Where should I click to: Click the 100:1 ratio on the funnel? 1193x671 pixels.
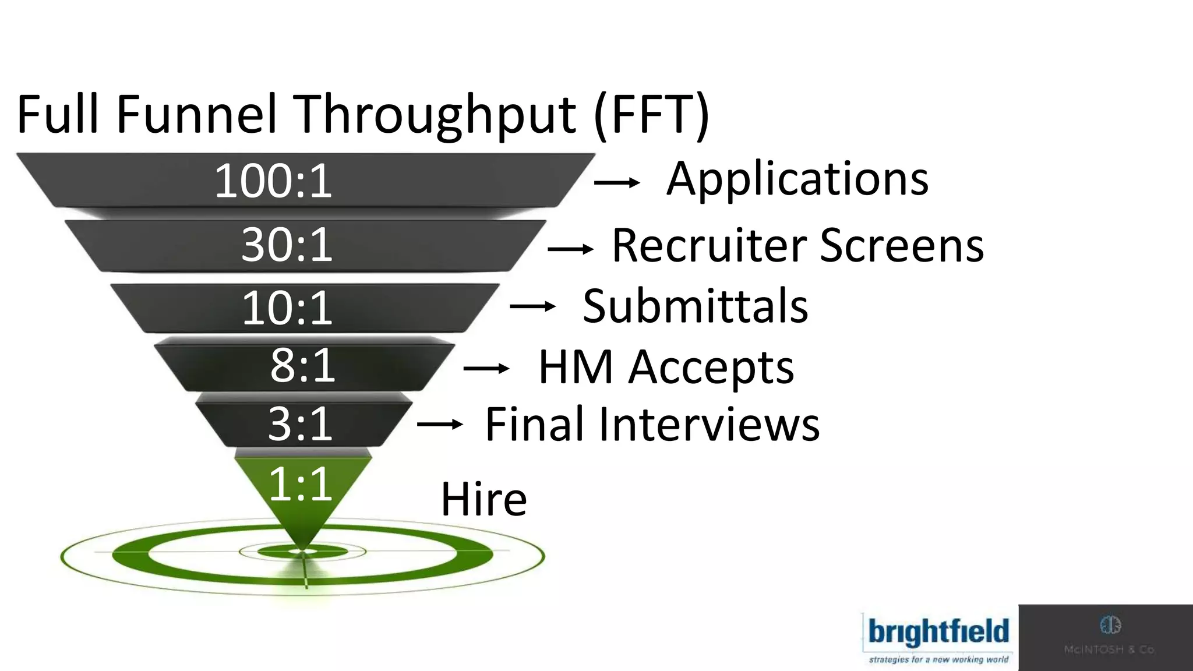(x=273, y=182)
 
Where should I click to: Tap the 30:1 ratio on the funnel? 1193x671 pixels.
(x=287, y=245)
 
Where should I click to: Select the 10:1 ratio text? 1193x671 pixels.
(x=287, y=308)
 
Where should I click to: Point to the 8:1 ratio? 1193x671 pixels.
(x=302, y=366)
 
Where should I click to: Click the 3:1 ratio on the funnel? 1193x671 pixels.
(x=300, y=424)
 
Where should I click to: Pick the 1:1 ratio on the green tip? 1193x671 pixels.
(x=300, y=484)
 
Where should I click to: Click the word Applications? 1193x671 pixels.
(x=797, y=179)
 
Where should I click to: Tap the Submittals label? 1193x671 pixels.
(x=695, y=306)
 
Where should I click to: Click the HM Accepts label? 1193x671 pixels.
(x=666, y=368)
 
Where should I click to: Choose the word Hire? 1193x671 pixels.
(x=483, y=500)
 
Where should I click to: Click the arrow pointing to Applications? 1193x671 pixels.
(x=616, y=183)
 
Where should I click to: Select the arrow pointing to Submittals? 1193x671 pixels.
(x=532, y=306)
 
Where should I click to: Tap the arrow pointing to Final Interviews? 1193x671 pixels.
(x=440, y=425)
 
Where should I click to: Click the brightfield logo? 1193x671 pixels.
(x=938, y=637)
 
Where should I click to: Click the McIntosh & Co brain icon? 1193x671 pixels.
(x=1110, y=626)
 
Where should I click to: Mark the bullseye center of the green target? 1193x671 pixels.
(x=303, y=551)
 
